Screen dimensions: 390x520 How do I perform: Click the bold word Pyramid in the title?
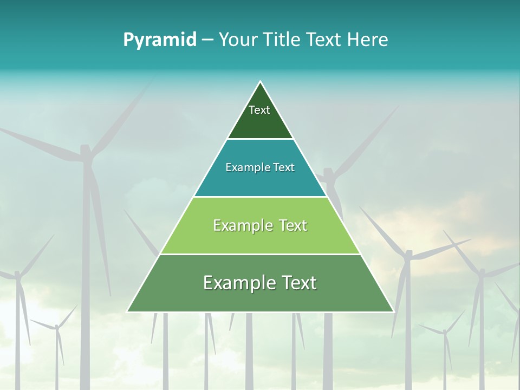pyautogui.click(x=159, y=40)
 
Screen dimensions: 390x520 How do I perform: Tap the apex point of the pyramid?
pyautogui.click(x=261, y=82)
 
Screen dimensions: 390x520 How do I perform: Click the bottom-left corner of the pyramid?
pyautogui.click(x=128, y=311)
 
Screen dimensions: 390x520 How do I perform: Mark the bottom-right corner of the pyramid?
pyautogui.click(x=393, y=311)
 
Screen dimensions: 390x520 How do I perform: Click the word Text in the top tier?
pyautogui.click(x=259, y=110)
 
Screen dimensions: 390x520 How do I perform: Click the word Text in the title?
pyautogui.click(x=323, y=40)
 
